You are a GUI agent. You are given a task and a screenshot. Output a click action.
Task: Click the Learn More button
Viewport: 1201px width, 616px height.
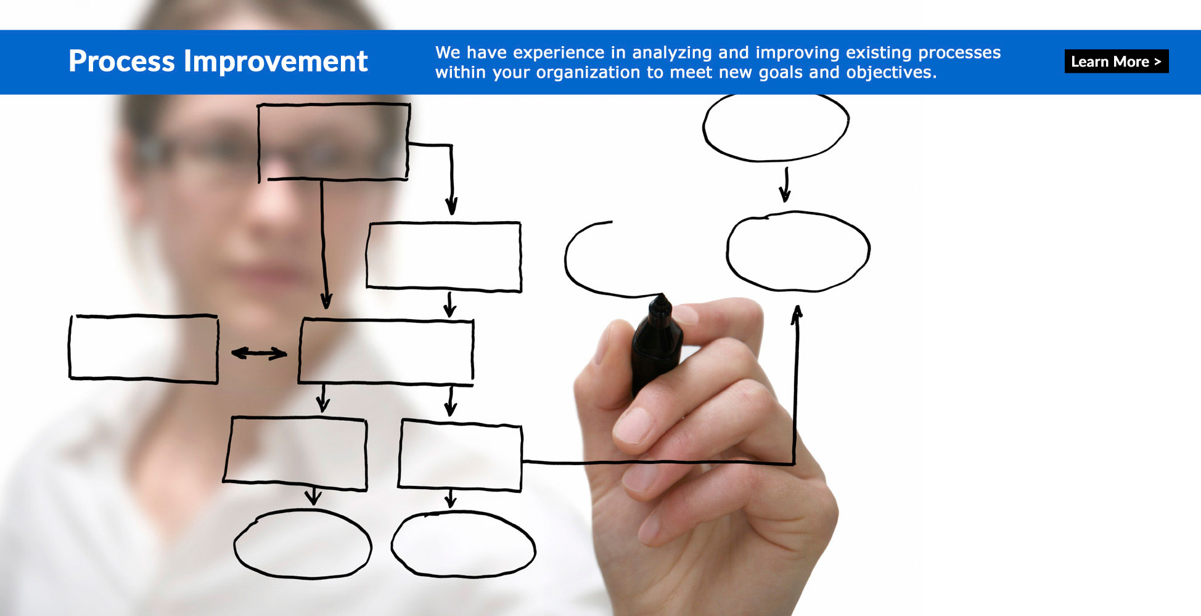coord(1116,62)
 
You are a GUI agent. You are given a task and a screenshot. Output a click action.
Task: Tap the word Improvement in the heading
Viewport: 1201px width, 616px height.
coord(276,62)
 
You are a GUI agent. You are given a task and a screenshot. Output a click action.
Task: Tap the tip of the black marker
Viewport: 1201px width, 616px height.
coord(662,296)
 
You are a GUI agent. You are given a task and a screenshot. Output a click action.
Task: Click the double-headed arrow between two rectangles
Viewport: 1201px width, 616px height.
coord(259,353)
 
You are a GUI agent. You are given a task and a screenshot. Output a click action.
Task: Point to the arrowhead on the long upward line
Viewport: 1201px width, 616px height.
coord(797,313)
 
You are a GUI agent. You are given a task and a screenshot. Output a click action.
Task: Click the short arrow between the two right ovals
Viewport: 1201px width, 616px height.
coord(785,185)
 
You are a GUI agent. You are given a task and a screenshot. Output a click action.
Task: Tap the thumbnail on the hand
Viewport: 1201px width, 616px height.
coord(634,424)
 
